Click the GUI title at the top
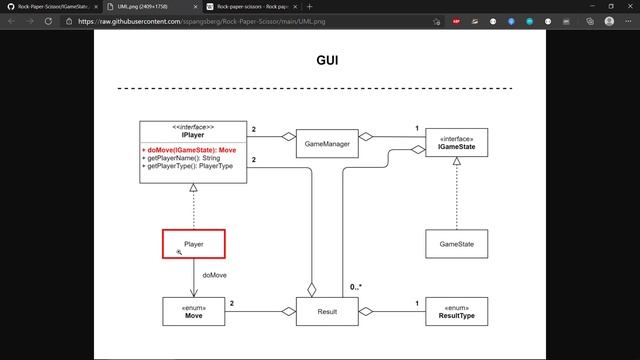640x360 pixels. tap(327, 60)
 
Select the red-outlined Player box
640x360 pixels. tap(193, 244)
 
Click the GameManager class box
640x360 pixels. tap(327, 144)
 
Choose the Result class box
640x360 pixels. tap(327, 312)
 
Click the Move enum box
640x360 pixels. tap(193, 312)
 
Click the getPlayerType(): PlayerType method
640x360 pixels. tap(190, 165)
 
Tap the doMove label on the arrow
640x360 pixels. tap(214, 274)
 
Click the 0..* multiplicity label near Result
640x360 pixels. tap(355, 288)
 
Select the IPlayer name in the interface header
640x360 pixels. tap(193, 135)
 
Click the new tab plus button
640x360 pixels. tap(309, 6)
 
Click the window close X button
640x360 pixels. tap(627, 6)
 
